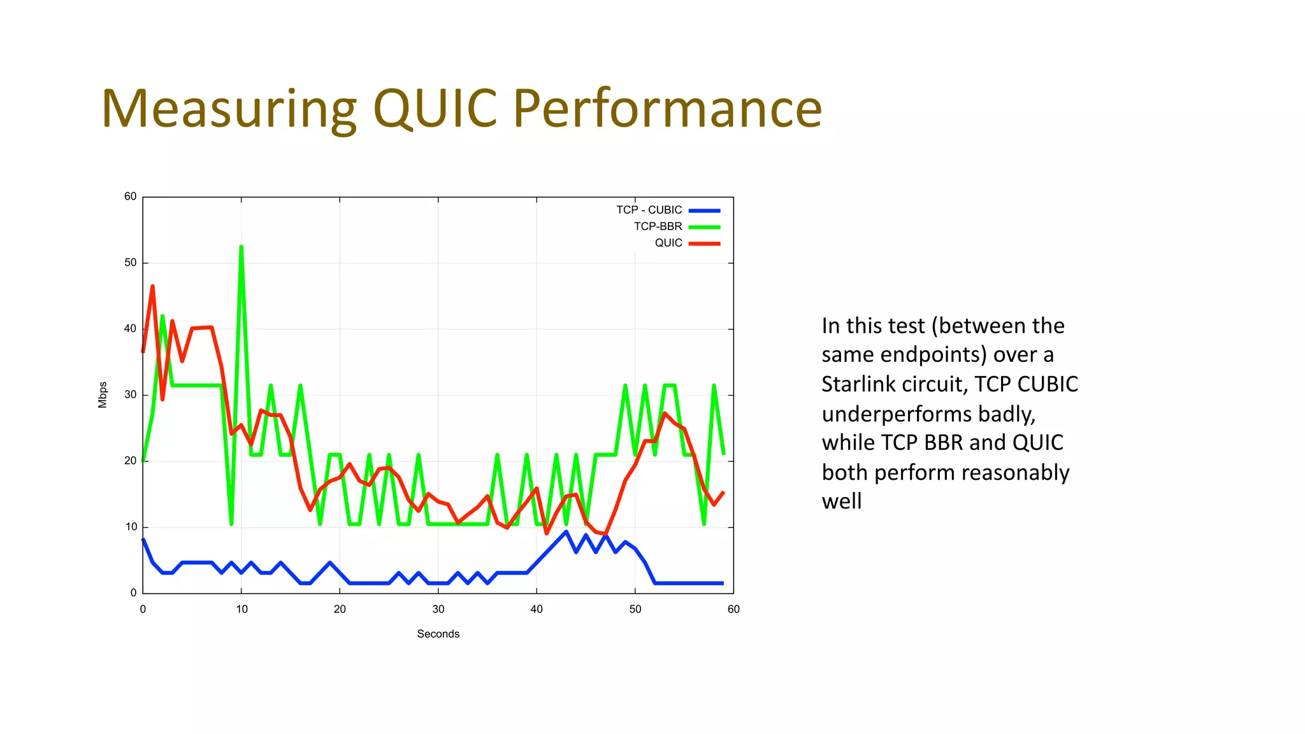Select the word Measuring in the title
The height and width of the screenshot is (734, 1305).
click(x=228, y=109)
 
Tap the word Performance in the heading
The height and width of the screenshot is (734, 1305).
click(x=667, y=109)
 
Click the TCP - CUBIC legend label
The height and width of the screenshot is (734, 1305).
click(x=649, y=210)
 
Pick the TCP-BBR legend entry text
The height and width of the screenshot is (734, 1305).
click(x=658, y=227)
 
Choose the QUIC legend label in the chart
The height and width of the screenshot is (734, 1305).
click(x=668, y=243)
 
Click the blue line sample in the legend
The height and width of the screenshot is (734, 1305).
click(x=704, y=210)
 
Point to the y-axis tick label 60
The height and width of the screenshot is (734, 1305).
click(x=130, y=197)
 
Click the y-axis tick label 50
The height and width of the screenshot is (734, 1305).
click(x=130, y=263)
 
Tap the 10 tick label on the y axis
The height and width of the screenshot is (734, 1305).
click(x=131, y=527)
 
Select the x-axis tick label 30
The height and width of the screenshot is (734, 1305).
click(x=438, y=610)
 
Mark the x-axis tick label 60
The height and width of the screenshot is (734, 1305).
click(x=733, y=610)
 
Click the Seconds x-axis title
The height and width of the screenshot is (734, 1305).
click(x=438, y=634)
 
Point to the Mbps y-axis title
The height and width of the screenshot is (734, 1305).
click(x=103, y=395)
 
